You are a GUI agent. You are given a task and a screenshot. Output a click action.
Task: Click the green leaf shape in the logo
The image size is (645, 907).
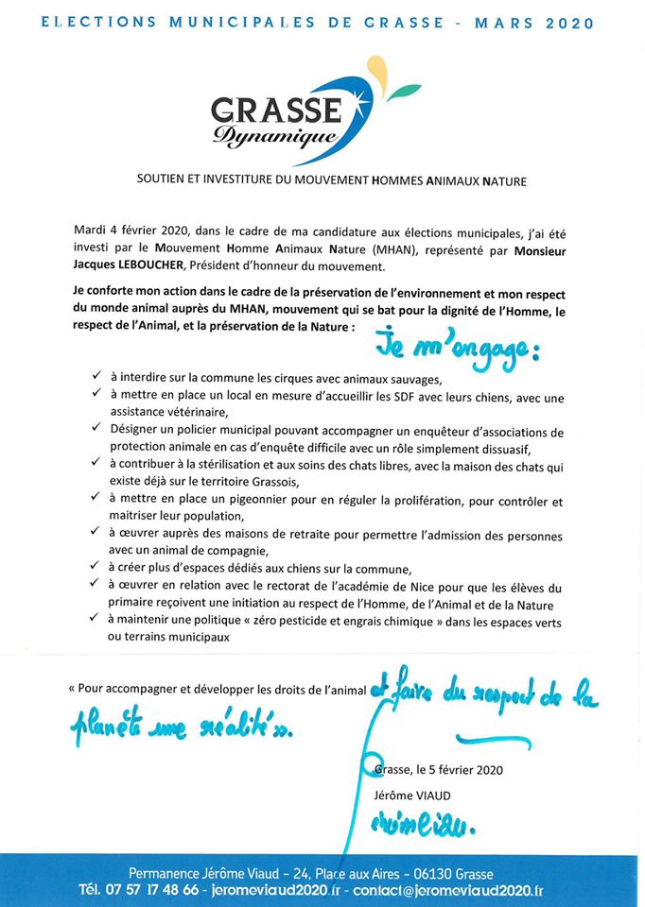tap(406, 92)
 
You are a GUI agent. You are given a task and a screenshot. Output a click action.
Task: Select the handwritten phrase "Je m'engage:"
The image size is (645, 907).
tap(456, 345)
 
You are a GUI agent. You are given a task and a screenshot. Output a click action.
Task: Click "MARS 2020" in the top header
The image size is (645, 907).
tap(539, 24)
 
